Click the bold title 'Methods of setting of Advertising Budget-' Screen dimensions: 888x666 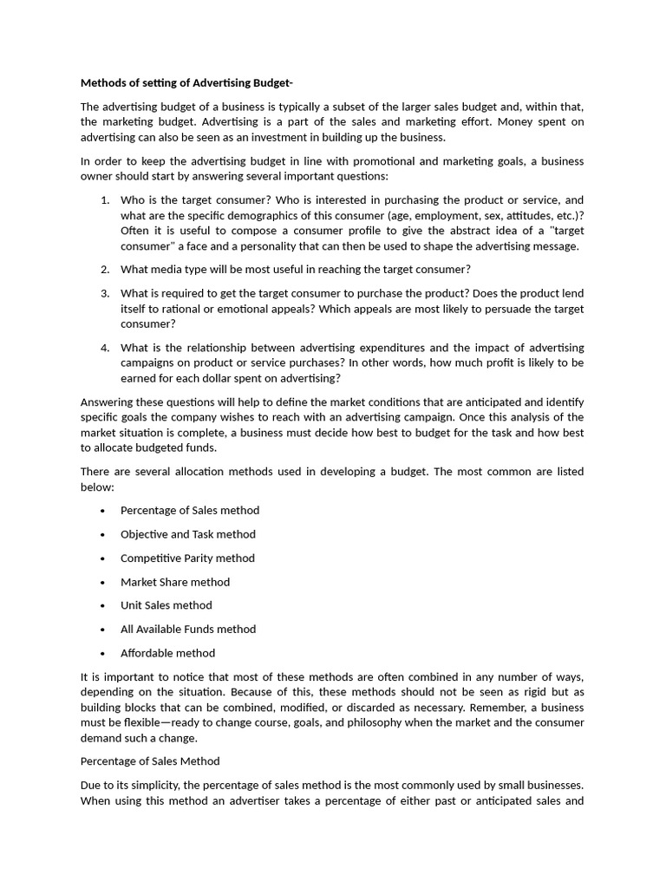pyautogui.click(x=186, y=83)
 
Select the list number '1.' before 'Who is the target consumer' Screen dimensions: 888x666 pyautogui.click(x=105, y=199)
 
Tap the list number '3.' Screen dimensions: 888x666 pyautogui.click(x=105, y=293)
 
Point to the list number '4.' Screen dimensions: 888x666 pyautogui.click(x=105, y=348)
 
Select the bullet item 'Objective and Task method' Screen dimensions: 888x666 pyautogui.click(x=188, y=534)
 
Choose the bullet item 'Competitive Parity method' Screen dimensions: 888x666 pyautogui.click(x=187, y=558)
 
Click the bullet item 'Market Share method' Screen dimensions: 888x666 pyautogui.click(x=175, y=582)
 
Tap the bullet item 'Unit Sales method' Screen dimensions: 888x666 pyautogui.click(x=166, y=605)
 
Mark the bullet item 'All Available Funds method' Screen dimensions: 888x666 pyautogui.click(x=188, y=629)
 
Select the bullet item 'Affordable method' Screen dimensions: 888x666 pyautogui.click(x=168, y=653)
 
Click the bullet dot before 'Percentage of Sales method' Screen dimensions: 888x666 pyautogui.click(x=102, y=511)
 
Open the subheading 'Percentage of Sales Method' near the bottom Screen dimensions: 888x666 pyautogui.click(x=150, y=761)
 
